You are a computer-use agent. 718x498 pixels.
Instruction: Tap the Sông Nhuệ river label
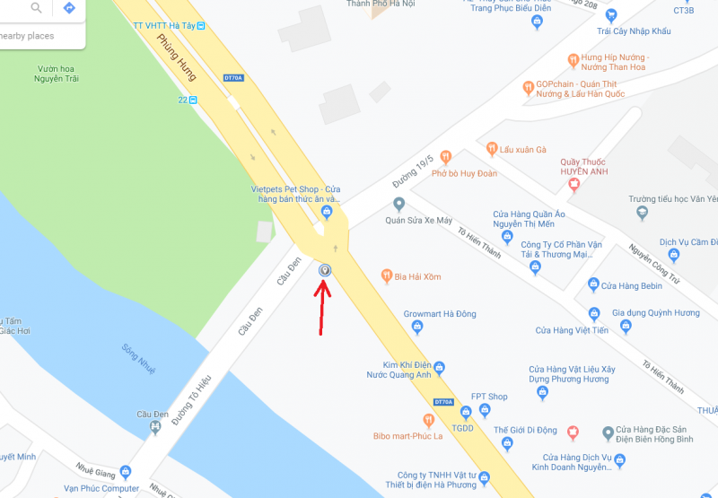tap(135, 358)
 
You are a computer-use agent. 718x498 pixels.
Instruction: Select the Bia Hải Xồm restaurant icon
tap(386, 275)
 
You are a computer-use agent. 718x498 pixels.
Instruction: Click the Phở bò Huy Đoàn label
tap(464, 173)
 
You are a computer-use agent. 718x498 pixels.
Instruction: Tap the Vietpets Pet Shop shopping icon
tap(327, 212)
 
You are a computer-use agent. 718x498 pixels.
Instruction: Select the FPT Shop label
tap(489, 397)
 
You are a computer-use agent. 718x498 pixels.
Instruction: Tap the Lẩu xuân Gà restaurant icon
tap(491, 148)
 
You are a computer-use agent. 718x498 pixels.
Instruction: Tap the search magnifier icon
tap(37, 8)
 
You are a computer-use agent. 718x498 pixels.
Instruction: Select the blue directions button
tap(69, 8)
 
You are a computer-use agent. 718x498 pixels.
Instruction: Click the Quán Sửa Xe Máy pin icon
tap(398, 204)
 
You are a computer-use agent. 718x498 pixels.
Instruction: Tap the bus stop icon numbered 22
tap(193, 100)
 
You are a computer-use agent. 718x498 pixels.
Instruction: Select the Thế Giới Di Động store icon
tap(573, 432)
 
